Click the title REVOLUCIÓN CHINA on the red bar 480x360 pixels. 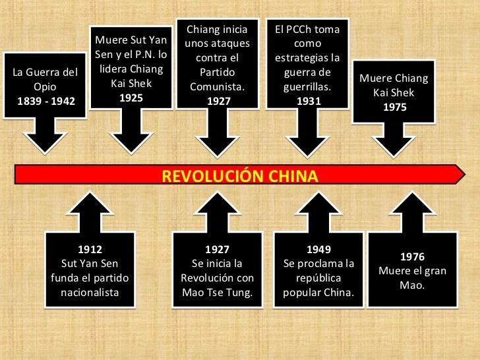coord(240,177)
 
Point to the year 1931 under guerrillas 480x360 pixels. coord(307,101)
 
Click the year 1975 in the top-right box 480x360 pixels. coord(394,107)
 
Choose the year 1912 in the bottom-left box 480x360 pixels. coord(90,250)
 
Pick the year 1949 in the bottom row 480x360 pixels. coord(318,250)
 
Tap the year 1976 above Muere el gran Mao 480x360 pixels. coord(412,257)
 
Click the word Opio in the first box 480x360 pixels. coord(45,86)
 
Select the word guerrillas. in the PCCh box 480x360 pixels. coord(307,87)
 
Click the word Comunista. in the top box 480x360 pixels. coord(218,87)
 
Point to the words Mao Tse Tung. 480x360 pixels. coord(217,292)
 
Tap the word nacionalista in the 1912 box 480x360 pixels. coord(90,292)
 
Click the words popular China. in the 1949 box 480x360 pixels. coord(318,292)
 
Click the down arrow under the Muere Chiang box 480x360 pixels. coord(394,140)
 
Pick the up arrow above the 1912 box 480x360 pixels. coord(90,211)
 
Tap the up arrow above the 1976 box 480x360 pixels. coord(412,211)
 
